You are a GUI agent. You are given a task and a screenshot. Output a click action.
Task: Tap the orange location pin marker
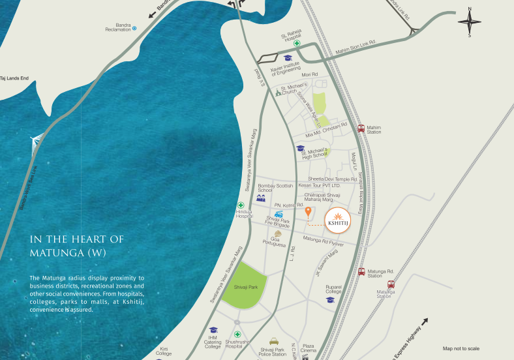click(308, 212)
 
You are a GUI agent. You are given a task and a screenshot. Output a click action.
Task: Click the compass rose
click(470, 22)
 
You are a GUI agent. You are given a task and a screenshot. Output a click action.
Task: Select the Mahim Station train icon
click(361, 128)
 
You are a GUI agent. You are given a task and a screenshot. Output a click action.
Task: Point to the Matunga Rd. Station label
click(381, 273)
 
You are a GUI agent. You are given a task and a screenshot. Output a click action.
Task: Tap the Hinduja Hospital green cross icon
click(241, 205)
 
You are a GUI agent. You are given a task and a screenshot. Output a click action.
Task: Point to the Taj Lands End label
click(15, 78)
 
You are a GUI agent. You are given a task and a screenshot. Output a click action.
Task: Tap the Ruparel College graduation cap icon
click(331, 300)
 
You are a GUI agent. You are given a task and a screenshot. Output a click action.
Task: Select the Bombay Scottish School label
click(269, 188)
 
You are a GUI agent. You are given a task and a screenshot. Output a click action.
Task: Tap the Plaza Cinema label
click(309, 348)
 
